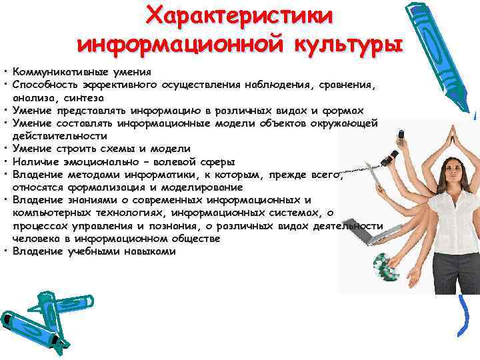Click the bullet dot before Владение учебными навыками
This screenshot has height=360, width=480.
coord(5,252)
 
